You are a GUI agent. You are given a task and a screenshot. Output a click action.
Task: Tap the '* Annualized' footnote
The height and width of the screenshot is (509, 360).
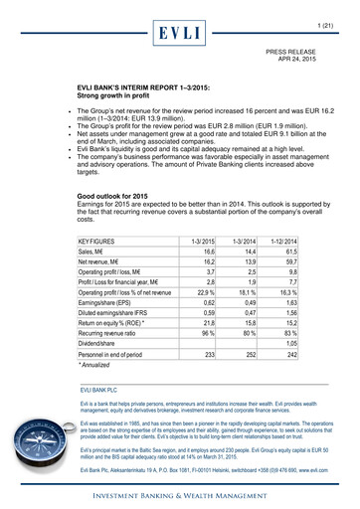pos(98,366)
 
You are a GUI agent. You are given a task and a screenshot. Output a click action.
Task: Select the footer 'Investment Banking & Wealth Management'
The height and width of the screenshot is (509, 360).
pos(179,493)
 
